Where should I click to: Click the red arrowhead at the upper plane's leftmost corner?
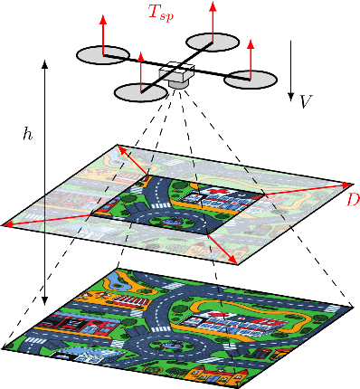tap(8, 223)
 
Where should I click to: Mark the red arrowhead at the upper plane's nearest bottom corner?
tap(233, 261)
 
